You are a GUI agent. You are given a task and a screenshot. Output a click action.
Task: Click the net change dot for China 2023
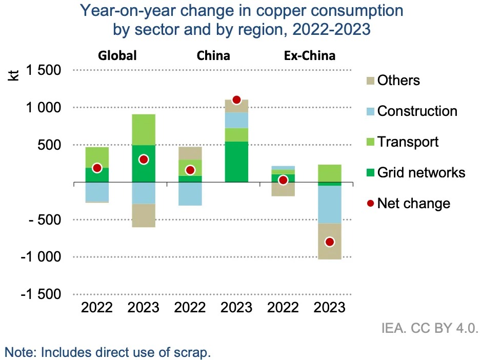click(236, 100)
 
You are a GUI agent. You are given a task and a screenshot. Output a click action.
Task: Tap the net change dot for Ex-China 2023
click(330, 242)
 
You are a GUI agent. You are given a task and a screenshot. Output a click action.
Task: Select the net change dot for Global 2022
click(97, 168)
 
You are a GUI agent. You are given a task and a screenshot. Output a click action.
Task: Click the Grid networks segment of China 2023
click(236, 162)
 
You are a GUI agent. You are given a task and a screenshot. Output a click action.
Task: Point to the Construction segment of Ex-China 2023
click(330, 204)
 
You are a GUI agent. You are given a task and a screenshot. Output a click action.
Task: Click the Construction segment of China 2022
click(190, 194)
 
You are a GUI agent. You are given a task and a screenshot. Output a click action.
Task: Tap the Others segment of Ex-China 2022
click(283, 189)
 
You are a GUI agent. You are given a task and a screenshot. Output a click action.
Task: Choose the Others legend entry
click(398, 81)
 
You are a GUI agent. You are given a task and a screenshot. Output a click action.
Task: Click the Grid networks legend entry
click(421, 172)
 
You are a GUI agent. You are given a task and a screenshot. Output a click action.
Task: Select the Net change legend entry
click(413, 203)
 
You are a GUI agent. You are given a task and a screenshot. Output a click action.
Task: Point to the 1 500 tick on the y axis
click(44, 70)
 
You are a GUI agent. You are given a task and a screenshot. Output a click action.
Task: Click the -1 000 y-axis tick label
click(41, 257)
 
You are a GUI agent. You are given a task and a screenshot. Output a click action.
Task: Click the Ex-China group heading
click(309, 55)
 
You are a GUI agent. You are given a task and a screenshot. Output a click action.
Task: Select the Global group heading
click(118, 55)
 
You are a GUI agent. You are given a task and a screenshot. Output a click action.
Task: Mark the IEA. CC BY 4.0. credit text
click(430, 328)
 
